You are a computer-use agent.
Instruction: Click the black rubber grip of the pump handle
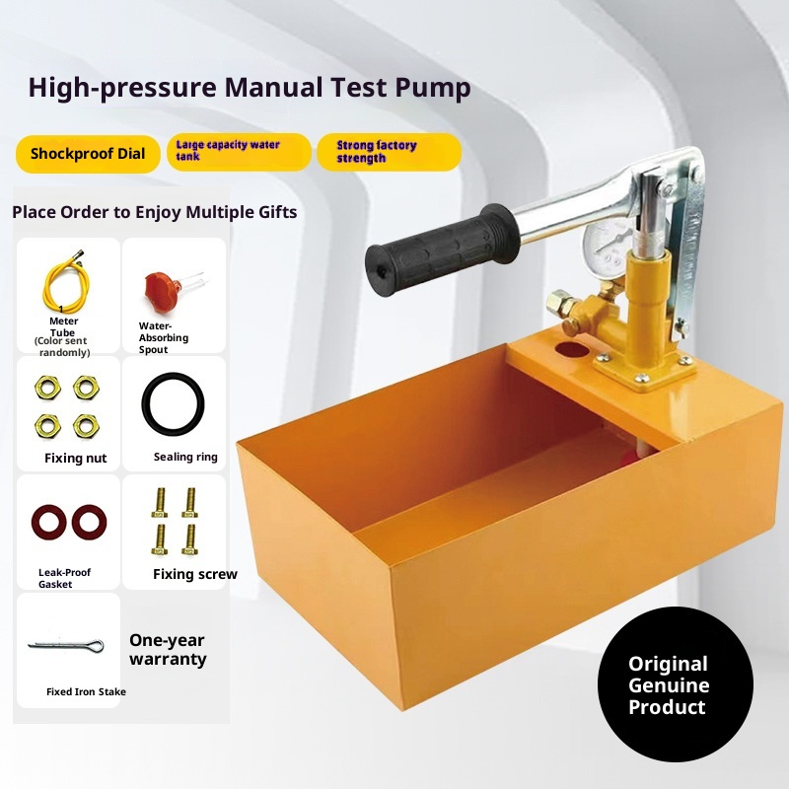(x=441, y=250)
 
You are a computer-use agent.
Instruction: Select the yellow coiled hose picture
(x=65, y=282)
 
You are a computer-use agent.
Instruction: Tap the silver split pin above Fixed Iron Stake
(x=66, y=645)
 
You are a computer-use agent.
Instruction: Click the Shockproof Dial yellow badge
(x=88, y=154)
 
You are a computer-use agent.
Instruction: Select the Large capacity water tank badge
(x=239, y=152)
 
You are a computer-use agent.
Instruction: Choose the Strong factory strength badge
(x=389, y=152)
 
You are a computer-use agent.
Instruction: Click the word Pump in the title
(x=433, y=88)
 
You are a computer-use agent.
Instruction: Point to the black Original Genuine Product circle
(x=676, y=683)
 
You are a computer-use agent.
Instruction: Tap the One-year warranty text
(x=168, y=650)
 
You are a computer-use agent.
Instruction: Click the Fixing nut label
(x=76, y=458)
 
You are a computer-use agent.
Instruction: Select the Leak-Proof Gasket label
(x=64, y=578)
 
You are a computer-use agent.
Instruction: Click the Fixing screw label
(x=194, y=574)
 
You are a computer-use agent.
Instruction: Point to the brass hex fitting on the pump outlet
(x=559, y=302)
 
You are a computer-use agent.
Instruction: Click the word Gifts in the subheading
(x=277, y=212)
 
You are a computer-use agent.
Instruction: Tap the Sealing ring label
(x=185, y=457)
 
